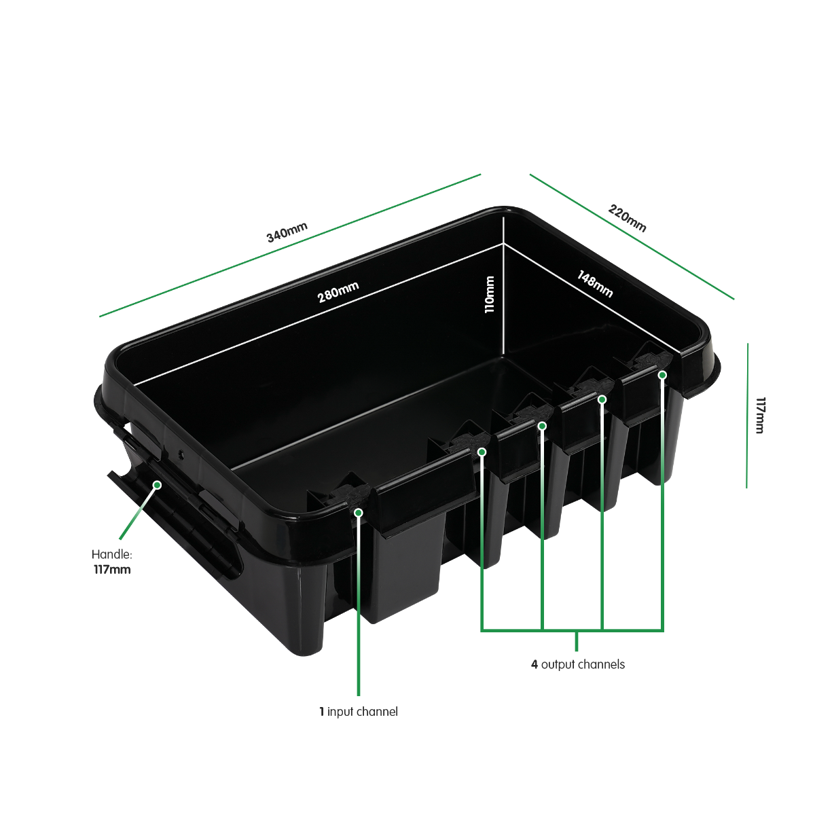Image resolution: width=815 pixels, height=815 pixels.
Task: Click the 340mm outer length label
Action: [x=287, y=232]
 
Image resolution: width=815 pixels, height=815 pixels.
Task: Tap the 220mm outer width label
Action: [x=628, y=218]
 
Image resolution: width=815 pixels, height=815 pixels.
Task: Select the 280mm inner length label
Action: [x=338, y=292]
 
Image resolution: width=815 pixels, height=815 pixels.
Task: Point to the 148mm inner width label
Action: [x=595, y=284]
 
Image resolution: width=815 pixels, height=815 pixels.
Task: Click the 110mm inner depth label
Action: [x=489, y=294]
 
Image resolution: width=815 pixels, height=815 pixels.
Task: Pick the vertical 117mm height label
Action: [x=760, y=416]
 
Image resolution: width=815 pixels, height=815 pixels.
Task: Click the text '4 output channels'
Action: [x=578, y=664]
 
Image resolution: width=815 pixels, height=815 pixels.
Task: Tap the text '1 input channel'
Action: [x=359, y=712]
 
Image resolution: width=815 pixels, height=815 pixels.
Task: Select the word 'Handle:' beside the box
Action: [x=111, y=554]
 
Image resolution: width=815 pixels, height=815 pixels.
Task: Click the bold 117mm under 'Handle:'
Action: [x=112, y=570]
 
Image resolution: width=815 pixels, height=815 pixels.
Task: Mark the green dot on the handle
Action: [x=157, y=485]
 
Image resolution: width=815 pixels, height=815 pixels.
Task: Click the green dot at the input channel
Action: [x=359, y=513]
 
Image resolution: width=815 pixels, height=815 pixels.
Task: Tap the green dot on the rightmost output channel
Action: [x=663, y=375]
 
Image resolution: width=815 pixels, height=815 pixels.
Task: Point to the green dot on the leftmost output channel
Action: [x=482, y=452]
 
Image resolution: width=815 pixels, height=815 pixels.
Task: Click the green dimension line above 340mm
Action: [x=290, y=245]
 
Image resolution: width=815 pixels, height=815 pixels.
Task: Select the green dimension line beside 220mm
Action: [x=632, y=237]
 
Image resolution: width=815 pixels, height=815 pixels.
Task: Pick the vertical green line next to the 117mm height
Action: [x=747, y=416]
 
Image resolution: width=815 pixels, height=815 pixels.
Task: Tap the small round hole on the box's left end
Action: [x=181, y=454]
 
